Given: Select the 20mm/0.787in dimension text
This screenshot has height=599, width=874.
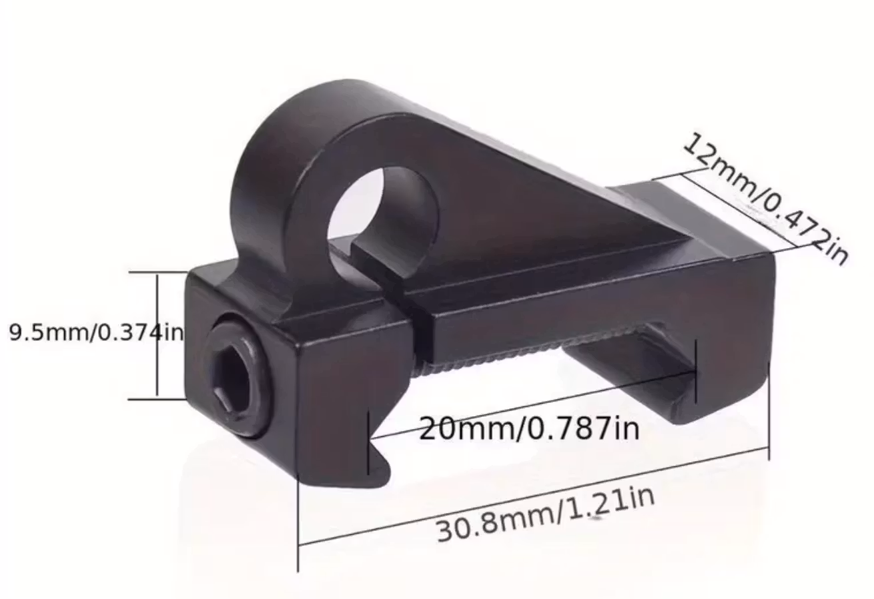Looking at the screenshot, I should pos(528,428).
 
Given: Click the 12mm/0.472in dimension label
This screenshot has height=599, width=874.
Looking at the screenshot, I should pos(765,197).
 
